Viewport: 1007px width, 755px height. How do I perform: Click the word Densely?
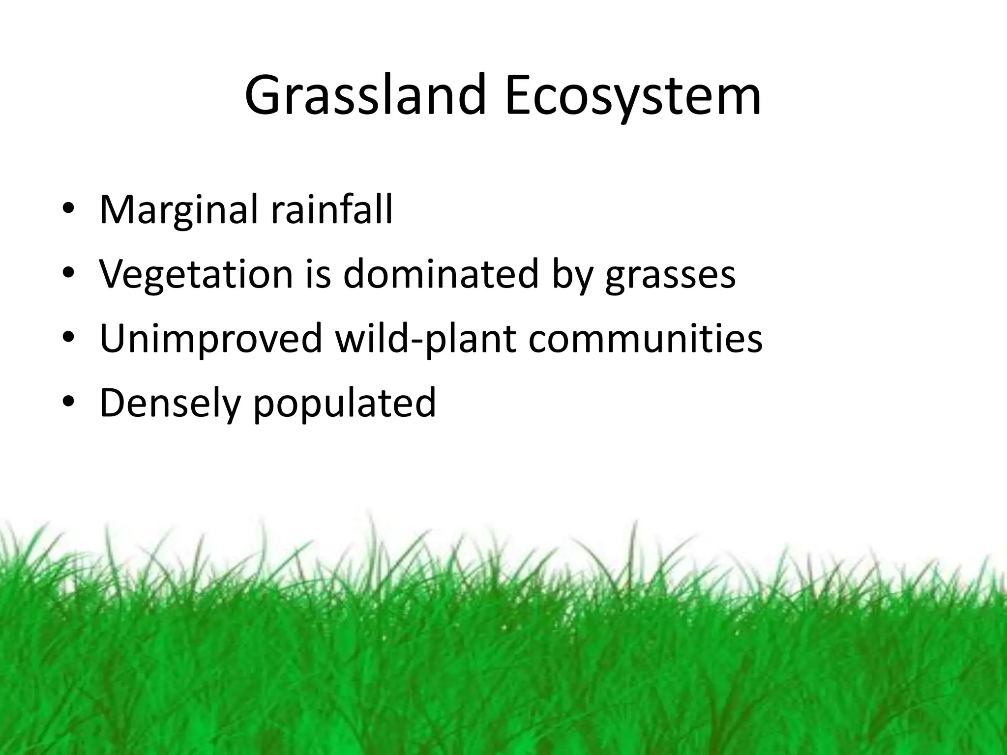coord(170,403)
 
